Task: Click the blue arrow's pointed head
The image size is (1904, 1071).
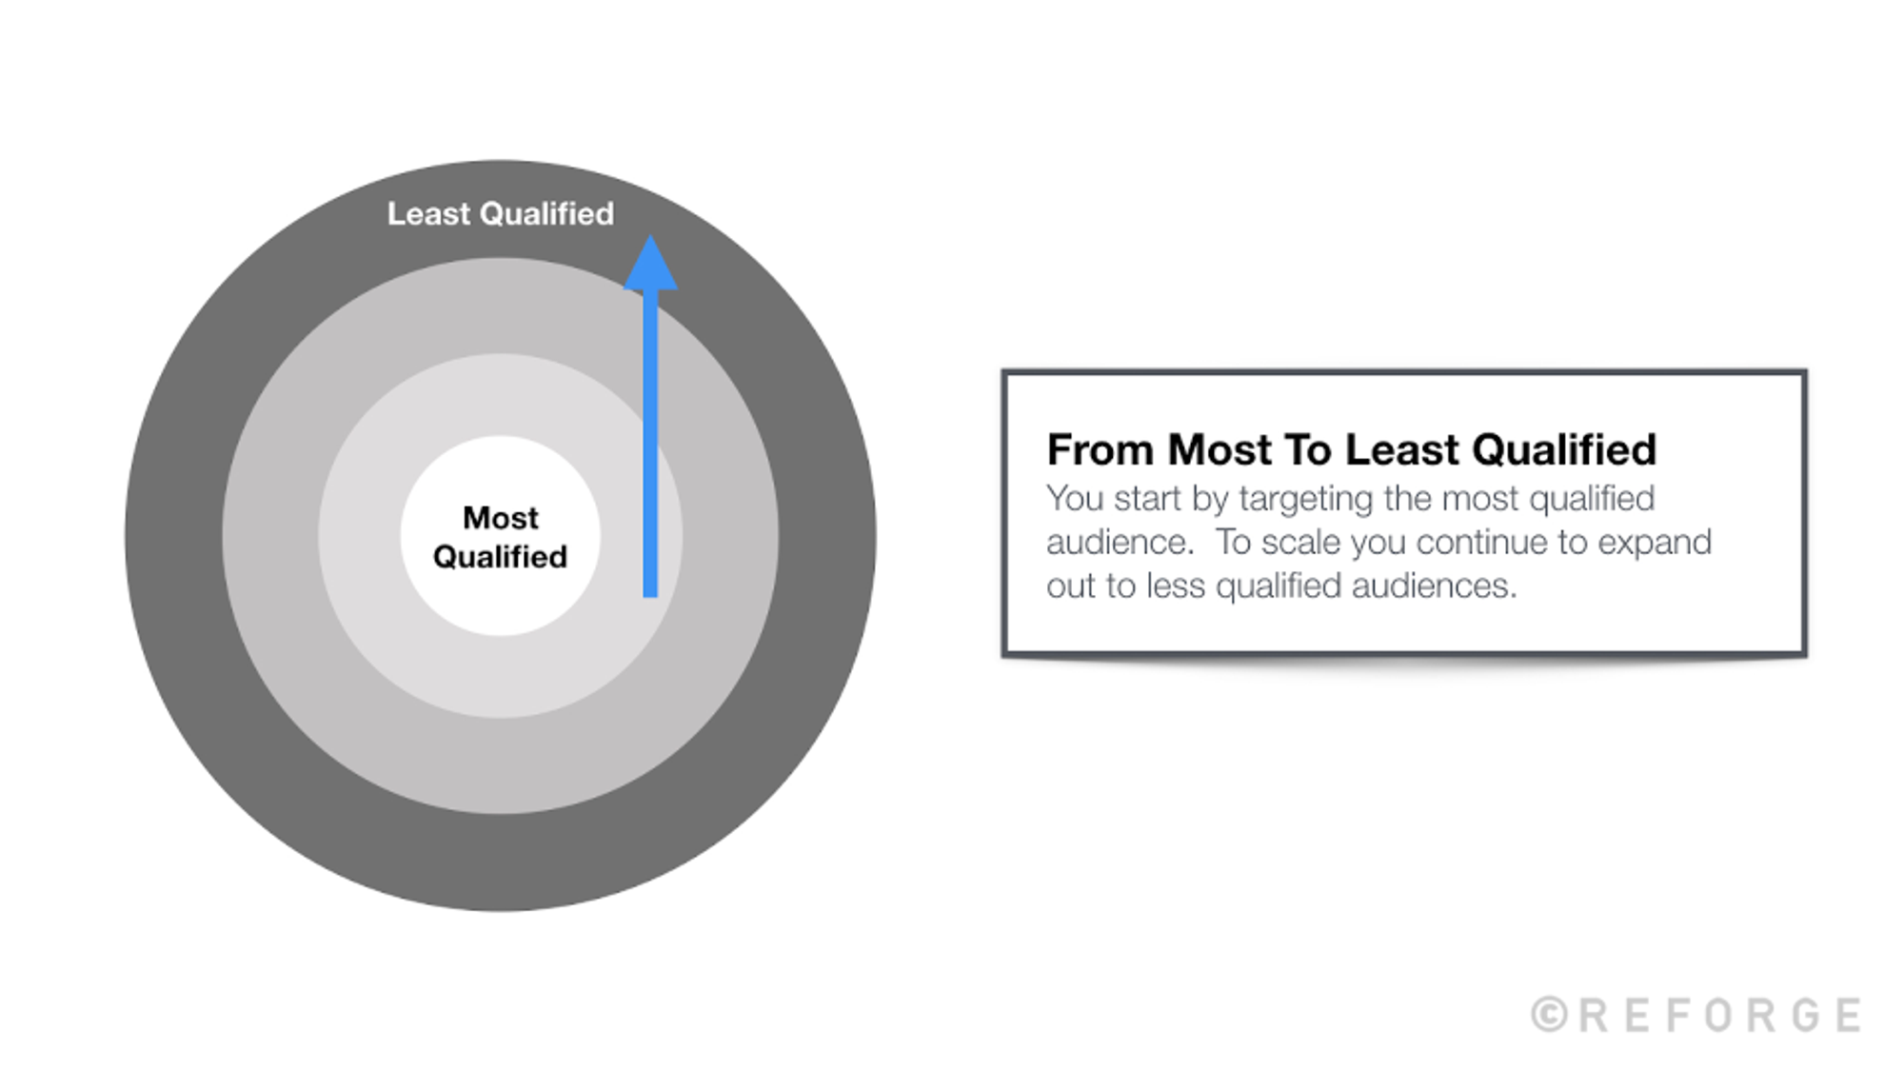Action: point(650,265)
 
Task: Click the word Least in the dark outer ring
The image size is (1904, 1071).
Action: point(428,214)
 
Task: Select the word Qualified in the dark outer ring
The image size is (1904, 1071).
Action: point(546,214)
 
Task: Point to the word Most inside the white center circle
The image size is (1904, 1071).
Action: point(501,518)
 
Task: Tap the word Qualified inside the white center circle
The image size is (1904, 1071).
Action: point(501,557)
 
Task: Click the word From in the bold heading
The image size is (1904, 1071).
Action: point(1101,450)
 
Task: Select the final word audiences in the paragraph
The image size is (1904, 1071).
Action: point(1434,586)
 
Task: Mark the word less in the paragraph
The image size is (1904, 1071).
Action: point(1176,586)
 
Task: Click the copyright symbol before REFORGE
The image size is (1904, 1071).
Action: point(1550,1015)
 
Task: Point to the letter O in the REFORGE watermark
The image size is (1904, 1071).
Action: point(1719,1015)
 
